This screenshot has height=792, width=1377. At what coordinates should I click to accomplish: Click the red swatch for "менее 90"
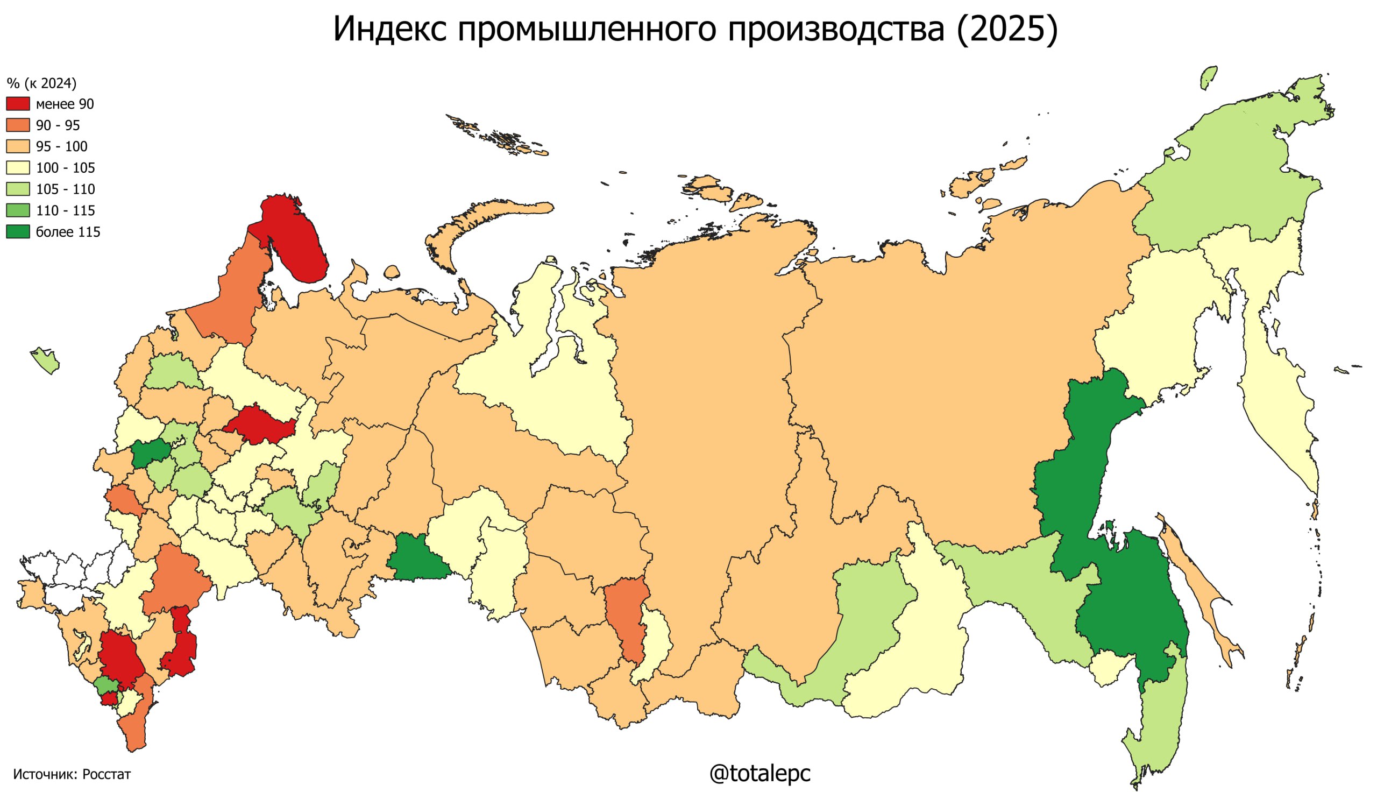click(x=18, y=104)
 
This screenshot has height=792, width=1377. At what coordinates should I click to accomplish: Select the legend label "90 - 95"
click(x=58, y=126)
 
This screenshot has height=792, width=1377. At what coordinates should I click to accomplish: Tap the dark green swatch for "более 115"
click(x=18, y=232)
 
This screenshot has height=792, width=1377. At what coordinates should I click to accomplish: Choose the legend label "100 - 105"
click(x=65, y=168)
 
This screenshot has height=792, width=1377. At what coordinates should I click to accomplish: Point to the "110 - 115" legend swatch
click(x=18, y=210)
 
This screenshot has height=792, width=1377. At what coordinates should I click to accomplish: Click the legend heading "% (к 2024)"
click(x=41, y=83)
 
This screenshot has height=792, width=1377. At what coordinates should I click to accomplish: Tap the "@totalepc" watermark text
click(x=760, y=773)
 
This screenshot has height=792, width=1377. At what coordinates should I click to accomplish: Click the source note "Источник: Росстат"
click(x=72, y=774)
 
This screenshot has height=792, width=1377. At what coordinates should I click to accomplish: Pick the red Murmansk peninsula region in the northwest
click(x=294, y=239)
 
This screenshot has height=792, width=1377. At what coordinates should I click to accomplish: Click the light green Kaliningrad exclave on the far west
click(x=46, y=361)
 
